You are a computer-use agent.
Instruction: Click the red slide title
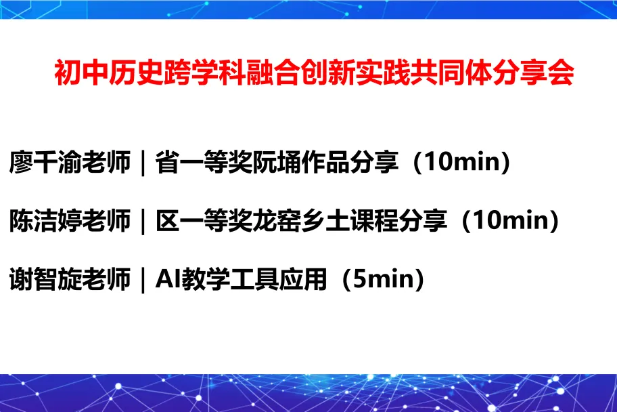[x=314, y=73]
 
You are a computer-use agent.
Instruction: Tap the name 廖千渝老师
[x=70, y=162]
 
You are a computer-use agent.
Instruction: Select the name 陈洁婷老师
[x=70, y=221]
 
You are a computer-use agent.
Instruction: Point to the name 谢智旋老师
[x=70, y=279]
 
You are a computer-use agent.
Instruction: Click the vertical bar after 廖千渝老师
[x=143, y=163]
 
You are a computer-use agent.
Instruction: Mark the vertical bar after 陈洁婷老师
[x=143, y=222]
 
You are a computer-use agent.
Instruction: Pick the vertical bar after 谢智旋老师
[x=143, y=280]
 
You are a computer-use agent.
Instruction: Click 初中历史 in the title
[x=109, y=73]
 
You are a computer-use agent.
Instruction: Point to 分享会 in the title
[x=533, y=73]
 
